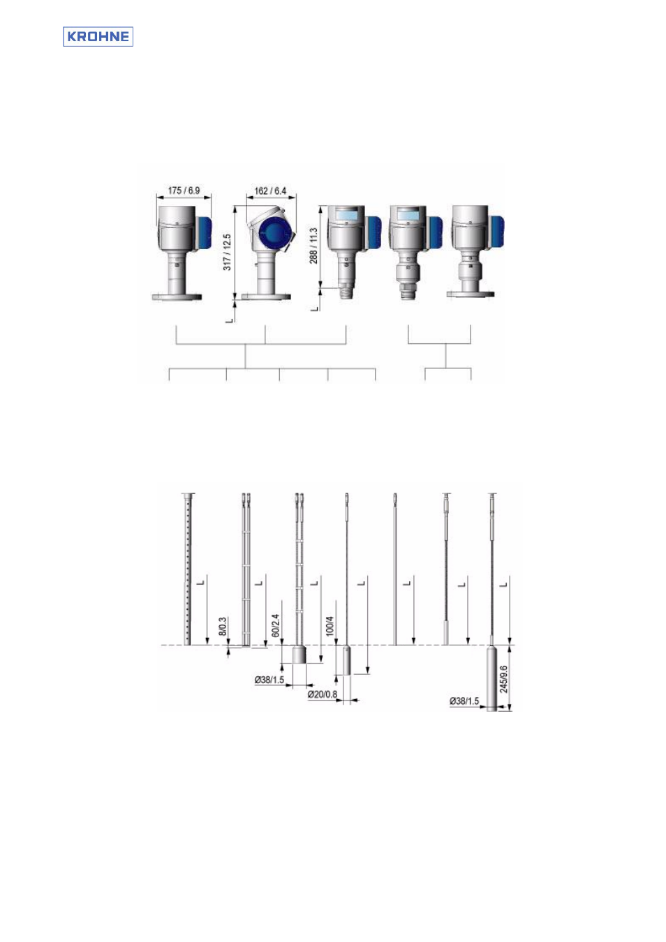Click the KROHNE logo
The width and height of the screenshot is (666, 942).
coord(98,36)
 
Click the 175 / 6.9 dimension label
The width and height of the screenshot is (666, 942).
coord(184,190)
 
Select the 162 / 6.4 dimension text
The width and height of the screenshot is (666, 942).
coord(270,191)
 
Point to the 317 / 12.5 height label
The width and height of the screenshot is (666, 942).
coord(227,252)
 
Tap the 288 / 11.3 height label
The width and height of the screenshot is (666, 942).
coord(313,246)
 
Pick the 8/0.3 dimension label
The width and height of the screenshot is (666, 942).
coord(223,626)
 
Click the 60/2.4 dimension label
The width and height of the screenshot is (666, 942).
coord(276,625)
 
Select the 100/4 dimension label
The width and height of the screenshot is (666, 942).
coord(330,626)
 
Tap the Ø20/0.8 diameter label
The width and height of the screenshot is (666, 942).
coord(323,694)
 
